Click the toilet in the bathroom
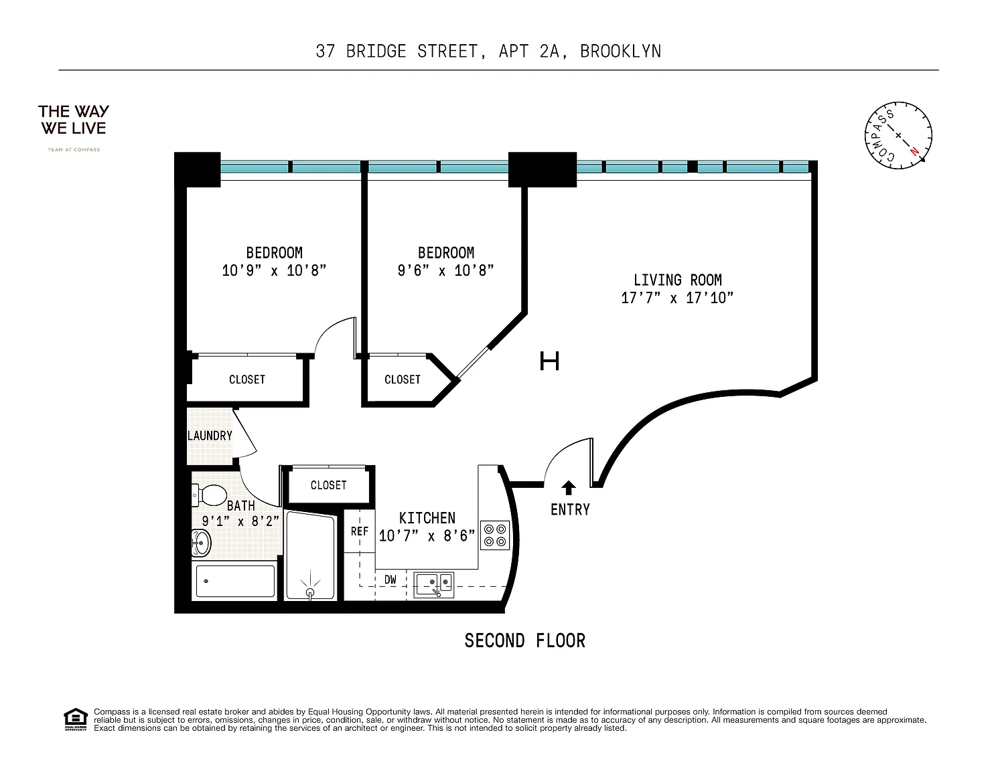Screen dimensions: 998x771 tap(210, 496)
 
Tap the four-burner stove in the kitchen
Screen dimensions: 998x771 tap(494, 535)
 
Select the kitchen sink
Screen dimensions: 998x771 tap(433, 585)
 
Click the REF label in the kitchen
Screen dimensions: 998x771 tap(360, 531)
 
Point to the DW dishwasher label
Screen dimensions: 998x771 tap(390, 580)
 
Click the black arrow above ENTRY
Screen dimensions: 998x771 tap(569, 487)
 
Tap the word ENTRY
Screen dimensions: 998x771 tap(570, 509)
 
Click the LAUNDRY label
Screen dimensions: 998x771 tap(210, 436)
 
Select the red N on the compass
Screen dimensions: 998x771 tap(914, 151)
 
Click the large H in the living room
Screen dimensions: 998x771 tap(549, 361)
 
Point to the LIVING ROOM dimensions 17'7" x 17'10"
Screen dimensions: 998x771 tap(677, 298)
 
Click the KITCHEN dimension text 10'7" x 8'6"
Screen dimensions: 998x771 tap(427, 535)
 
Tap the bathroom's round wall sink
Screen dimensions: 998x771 tap(201, 543)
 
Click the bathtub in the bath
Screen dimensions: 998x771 tap(235, 581)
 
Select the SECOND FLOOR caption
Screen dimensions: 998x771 tap(525, 640)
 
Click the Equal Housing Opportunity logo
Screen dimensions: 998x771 tap(75, 719)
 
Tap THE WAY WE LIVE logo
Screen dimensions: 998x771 tap(74, 120)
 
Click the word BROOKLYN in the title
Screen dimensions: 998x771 tap(620, 51)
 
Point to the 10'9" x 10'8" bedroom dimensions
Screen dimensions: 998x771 tap(274, 270)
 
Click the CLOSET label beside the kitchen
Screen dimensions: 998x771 tap(328, 485)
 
